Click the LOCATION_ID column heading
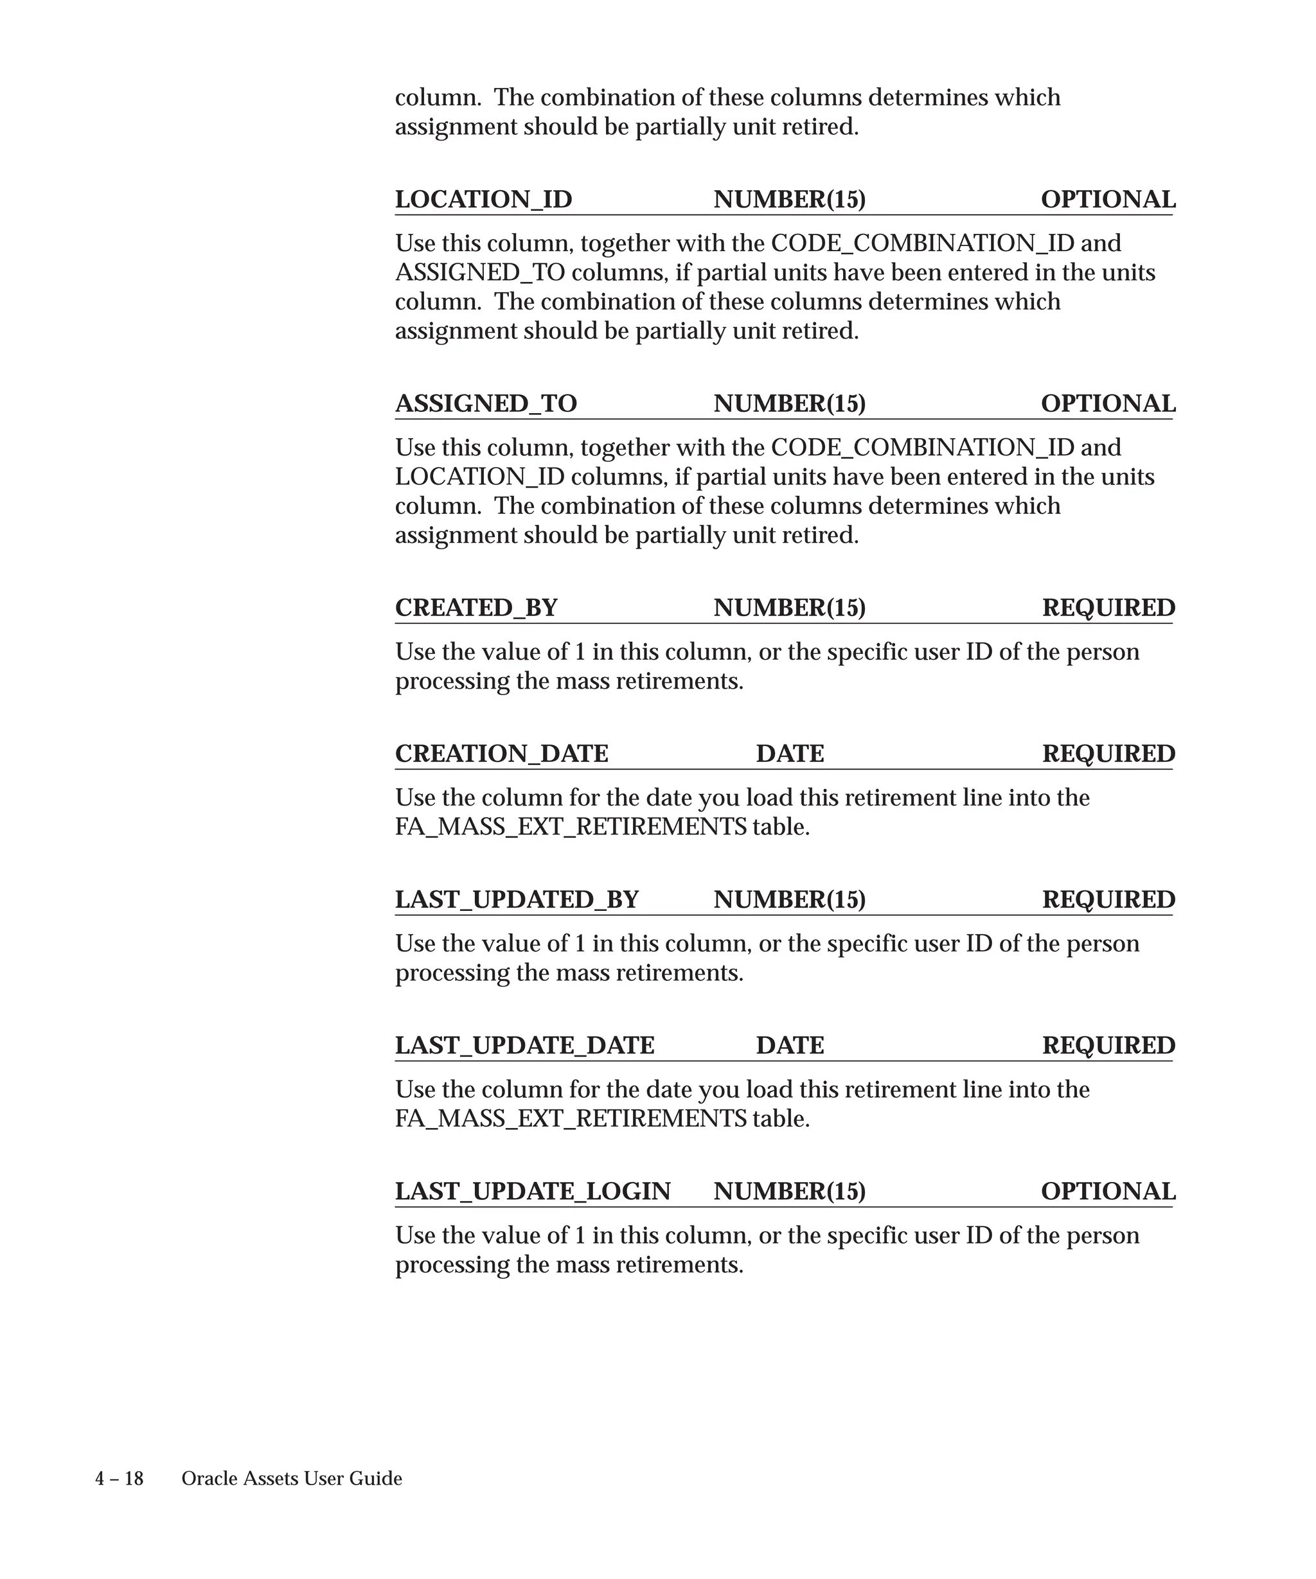tap(483, 199)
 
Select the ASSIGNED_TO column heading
tap(486, 404)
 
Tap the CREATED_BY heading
tap(476, 608)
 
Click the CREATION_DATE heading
tap(502, 754)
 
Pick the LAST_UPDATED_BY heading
tap(517, 899)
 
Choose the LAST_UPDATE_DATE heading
tap(525, 1045)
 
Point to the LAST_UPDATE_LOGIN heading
tap(533, 1191)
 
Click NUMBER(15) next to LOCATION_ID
tap(790, 199)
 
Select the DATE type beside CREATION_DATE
tap(790, 754)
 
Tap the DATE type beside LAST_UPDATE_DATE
tap(790, 1045)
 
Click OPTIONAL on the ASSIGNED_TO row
tap(1108, 404)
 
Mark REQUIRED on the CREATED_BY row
tap(1108, 608)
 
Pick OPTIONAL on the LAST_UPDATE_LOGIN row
tap(1108, 1191)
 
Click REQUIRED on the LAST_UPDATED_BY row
tap(1108, 899)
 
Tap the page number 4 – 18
tap(119, 1479)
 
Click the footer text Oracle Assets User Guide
tap(292, 1479)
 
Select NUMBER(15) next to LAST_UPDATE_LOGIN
tap(790, 1191)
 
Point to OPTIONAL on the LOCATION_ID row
tap(1108, 199)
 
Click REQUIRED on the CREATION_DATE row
tap(1108, 754)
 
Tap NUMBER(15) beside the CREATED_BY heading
tap(790, 608)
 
